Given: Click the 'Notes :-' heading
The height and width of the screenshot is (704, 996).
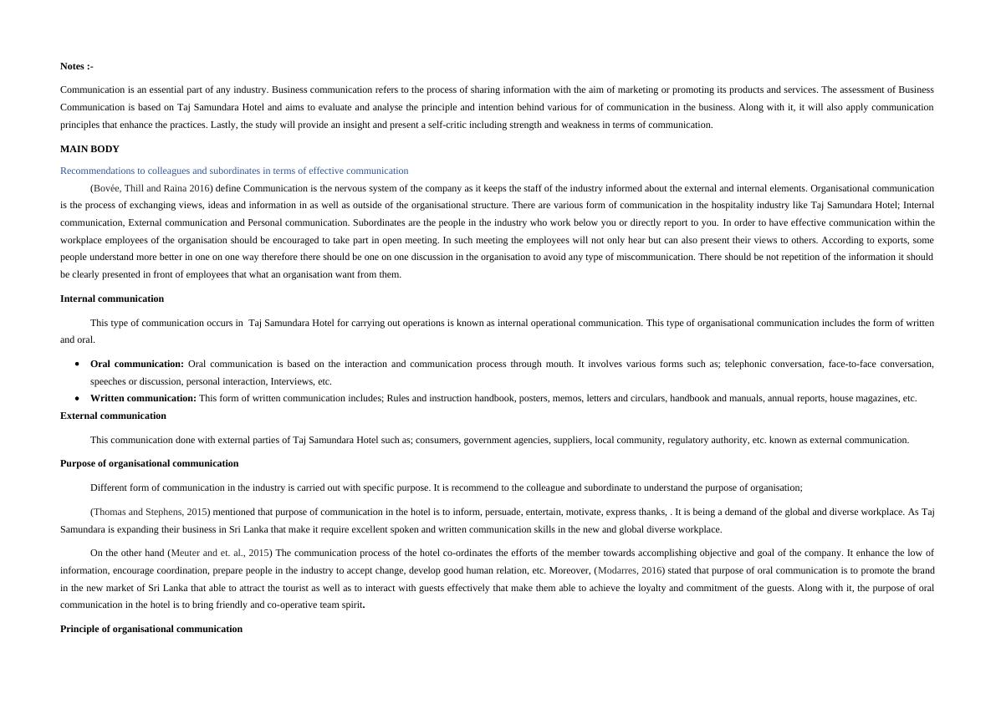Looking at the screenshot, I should click(x=77, y=66).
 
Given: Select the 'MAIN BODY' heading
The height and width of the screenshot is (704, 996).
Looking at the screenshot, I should click(x=89, y=149).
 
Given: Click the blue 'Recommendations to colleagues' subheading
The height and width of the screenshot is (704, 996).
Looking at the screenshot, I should click(x=234, y=171).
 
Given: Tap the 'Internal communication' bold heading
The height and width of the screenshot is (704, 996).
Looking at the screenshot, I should click(x=112, y=298).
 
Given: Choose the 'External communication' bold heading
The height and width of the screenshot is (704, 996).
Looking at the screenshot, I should click(x=113, y=416).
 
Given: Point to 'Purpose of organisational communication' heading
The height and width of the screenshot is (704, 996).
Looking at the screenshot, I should click(x=149, y=463).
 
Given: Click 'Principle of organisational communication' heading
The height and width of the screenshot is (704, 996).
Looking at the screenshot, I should click(x=151, y=629).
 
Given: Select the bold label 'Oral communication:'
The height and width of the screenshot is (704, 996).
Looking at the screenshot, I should click(x=137, y=364).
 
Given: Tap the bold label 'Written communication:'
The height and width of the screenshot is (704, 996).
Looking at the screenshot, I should click(x=143, y=398).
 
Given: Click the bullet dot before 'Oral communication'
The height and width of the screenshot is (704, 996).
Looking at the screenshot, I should click(x=77, y=365).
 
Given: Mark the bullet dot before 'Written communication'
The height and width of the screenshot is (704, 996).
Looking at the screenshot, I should click(x=77, y=399).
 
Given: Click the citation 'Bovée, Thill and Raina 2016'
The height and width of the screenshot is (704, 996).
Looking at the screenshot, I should click(x=151, y=188).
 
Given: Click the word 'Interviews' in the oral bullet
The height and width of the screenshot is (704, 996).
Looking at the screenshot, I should click(x=289, y=381).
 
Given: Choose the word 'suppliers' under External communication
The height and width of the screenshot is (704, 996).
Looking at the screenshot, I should click(x=570, y=440).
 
